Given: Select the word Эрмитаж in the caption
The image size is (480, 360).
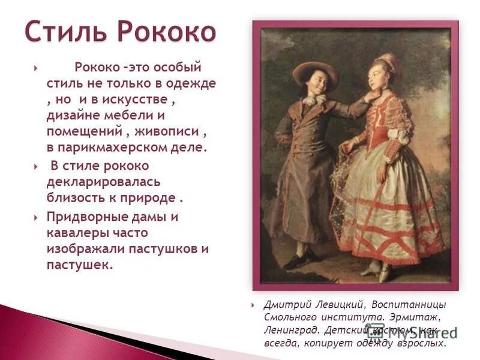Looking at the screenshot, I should coord(421,316).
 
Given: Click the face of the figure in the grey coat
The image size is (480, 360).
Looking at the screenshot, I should coord(315,84).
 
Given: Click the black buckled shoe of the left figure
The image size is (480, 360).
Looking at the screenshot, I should coord(294,262).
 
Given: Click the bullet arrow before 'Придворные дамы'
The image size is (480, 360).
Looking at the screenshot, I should coord(37,217).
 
